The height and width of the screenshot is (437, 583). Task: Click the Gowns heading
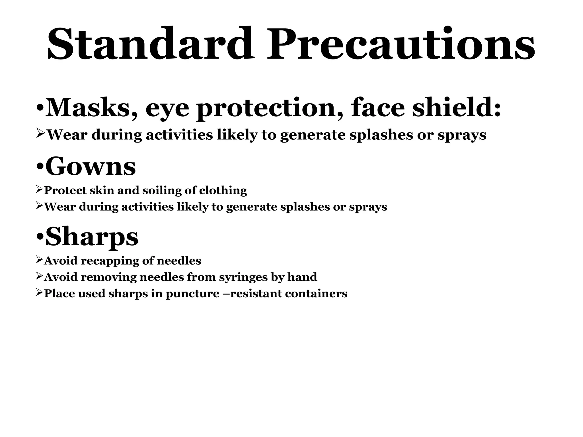click(x=90, y=166)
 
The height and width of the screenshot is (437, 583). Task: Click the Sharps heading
click(x=92, y=237)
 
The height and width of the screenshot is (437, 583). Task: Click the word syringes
click(x=243, y=277)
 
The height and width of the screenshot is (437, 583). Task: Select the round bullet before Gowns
click(x=40, y=168)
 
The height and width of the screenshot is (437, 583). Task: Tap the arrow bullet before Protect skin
click(x=39, y=190)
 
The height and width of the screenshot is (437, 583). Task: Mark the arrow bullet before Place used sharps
click(x=39, y=293)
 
